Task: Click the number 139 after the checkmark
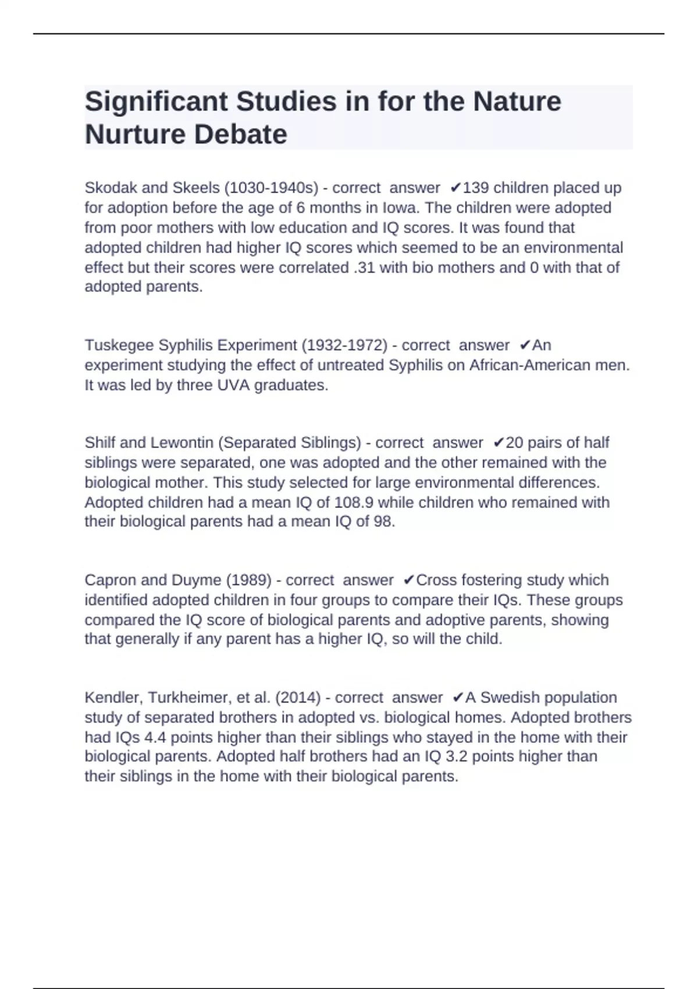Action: [475, 188]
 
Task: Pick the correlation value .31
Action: [364, 268]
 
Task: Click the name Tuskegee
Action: [119, 345]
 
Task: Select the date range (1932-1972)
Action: [344, 345]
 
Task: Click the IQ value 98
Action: [382, 521]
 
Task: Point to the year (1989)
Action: [248, 580]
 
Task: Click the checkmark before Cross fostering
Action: [409, 580]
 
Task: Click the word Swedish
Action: [510, 698]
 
